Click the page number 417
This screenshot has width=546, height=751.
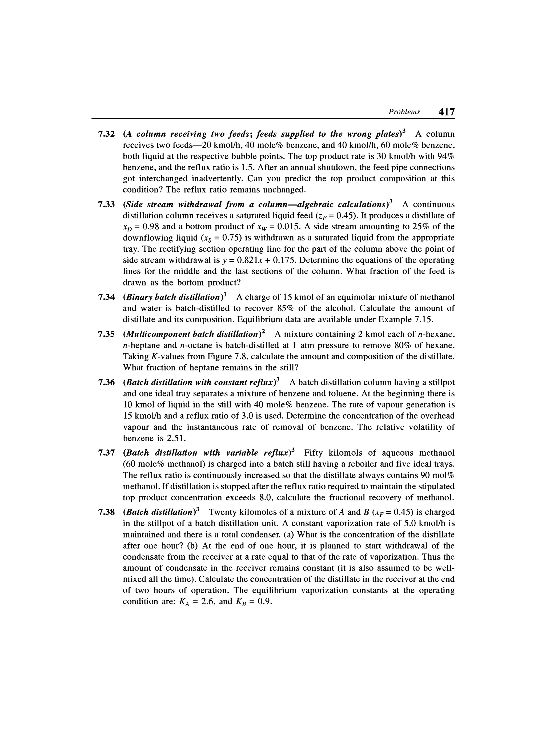click(446, 112)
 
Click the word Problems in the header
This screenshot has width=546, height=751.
click(404, 112)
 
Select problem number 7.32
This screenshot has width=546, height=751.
click(106, 134)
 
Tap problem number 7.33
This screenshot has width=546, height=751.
click(106, 204)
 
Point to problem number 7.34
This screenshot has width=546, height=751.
click(106, 297)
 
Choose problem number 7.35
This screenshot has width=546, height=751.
click(106, 334)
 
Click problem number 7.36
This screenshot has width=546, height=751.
click(106, 383)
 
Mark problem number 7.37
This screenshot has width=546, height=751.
click(106, 453)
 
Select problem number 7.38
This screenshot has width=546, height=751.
click(106, 512)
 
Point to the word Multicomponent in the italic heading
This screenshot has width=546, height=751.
click(158, 334)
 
